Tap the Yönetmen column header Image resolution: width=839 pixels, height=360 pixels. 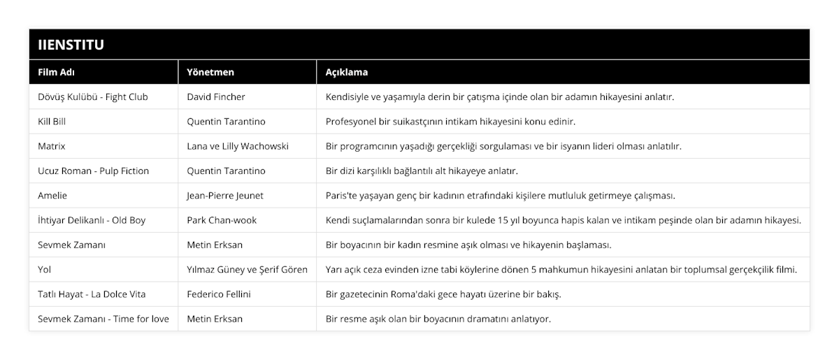click(x=210, y=72)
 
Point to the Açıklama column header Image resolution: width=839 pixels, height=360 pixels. click(x=347, y=72)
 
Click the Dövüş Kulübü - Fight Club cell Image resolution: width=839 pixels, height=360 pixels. click(x=92, y=96)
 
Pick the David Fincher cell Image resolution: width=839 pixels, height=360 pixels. click(x=216, y=96)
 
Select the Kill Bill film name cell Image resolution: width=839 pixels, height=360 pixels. click(x=52, y=121)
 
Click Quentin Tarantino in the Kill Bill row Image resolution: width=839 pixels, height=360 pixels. click(x=226, y=121)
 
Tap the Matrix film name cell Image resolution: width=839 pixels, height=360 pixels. click(x=52, y=146)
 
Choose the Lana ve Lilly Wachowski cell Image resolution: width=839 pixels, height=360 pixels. click(x=238, y=146)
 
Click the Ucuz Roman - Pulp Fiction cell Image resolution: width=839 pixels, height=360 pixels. click(x=93, y=171)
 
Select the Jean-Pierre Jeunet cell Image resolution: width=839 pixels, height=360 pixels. click(x=225, y=195)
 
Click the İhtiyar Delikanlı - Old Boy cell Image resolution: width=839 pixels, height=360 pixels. click(x=92, y=220)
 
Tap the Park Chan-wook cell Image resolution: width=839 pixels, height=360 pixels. click(x=222, y=220)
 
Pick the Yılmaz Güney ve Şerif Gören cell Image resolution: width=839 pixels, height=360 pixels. click(x=247, y=269)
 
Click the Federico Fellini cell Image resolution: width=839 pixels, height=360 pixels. click(x=218, y=294)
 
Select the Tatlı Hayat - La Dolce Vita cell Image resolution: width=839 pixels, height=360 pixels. click(x=92, y=294)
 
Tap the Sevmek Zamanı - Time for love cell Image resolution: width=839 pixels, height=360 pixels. click(x=103, y=319)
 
